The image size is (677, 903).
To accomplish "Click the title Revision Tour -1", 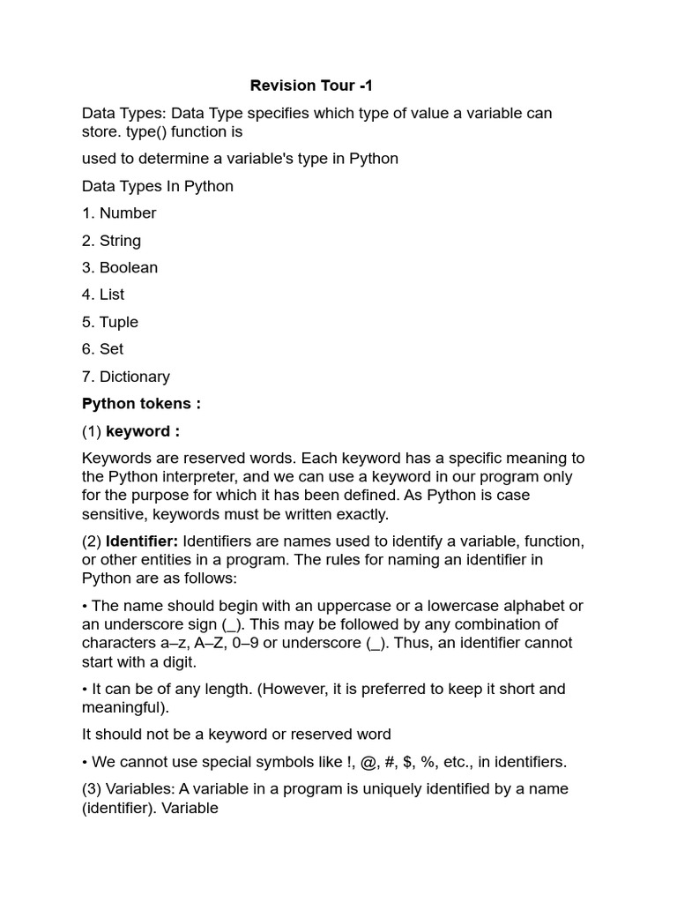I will click(x=311, y=86).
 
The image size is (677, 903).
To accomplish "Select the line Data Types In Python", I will click(x=157, y=186).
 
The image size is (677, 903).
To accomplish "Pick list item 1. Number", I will click(x=119, y=213).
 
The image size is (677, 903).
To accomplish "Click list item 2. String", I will click(x=111, y=241).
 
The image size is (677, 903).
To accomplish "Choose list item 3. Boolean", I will click(x=120, y=267).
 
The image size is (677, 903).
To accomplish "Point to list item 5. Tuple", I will click(x=110, y=322).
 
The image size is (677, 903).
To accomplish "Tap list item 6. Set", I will click(x=102, y=349).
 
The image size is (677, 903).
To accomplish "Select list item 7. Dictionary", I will click(x=125, y=377).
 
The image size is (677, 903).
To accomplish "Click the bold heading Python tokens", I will click(x=141, y=404).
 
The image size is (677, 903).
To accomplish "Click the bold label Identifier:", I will click(x=142, y=541).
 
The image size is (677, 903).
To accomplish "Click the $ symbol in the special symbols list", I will click(x=409, y=762).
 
